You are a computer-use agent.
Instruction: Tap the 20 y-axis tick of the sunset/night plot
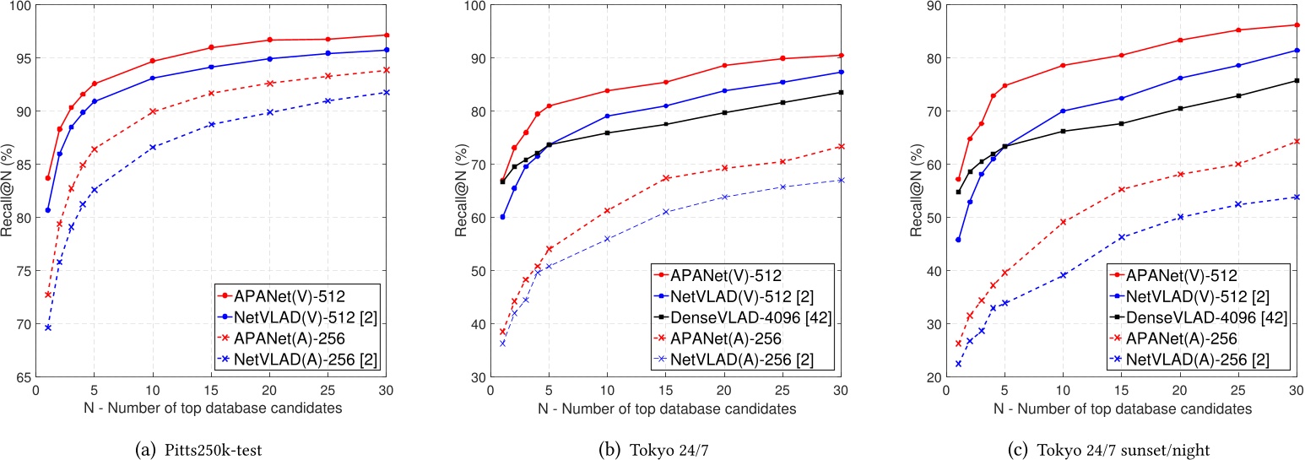[x=930, y=377]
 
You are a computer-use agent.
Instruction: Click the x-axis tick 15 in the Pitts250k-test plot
[x=211, y=391]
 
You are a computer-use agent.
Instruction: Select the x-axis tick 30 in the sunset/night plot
[x=1295, y=391]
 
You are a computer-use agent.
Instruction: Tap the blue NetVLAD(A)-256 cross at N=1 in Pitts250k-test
[x=48, y=327]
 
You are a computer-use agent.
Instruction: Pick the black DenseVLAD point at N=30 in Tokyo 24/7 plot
[x=841, y=92]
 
